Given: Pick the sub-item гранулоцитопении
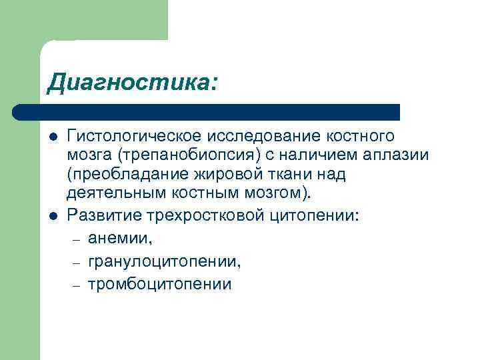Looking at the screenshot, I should pos(164,261).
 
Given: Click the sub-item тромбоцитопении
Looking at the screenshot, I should pos(159,285).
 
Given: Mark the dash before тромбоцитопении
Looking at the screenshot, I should pos(76,285).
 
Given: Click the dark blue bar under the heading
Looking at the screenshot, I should pos(207,112).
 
